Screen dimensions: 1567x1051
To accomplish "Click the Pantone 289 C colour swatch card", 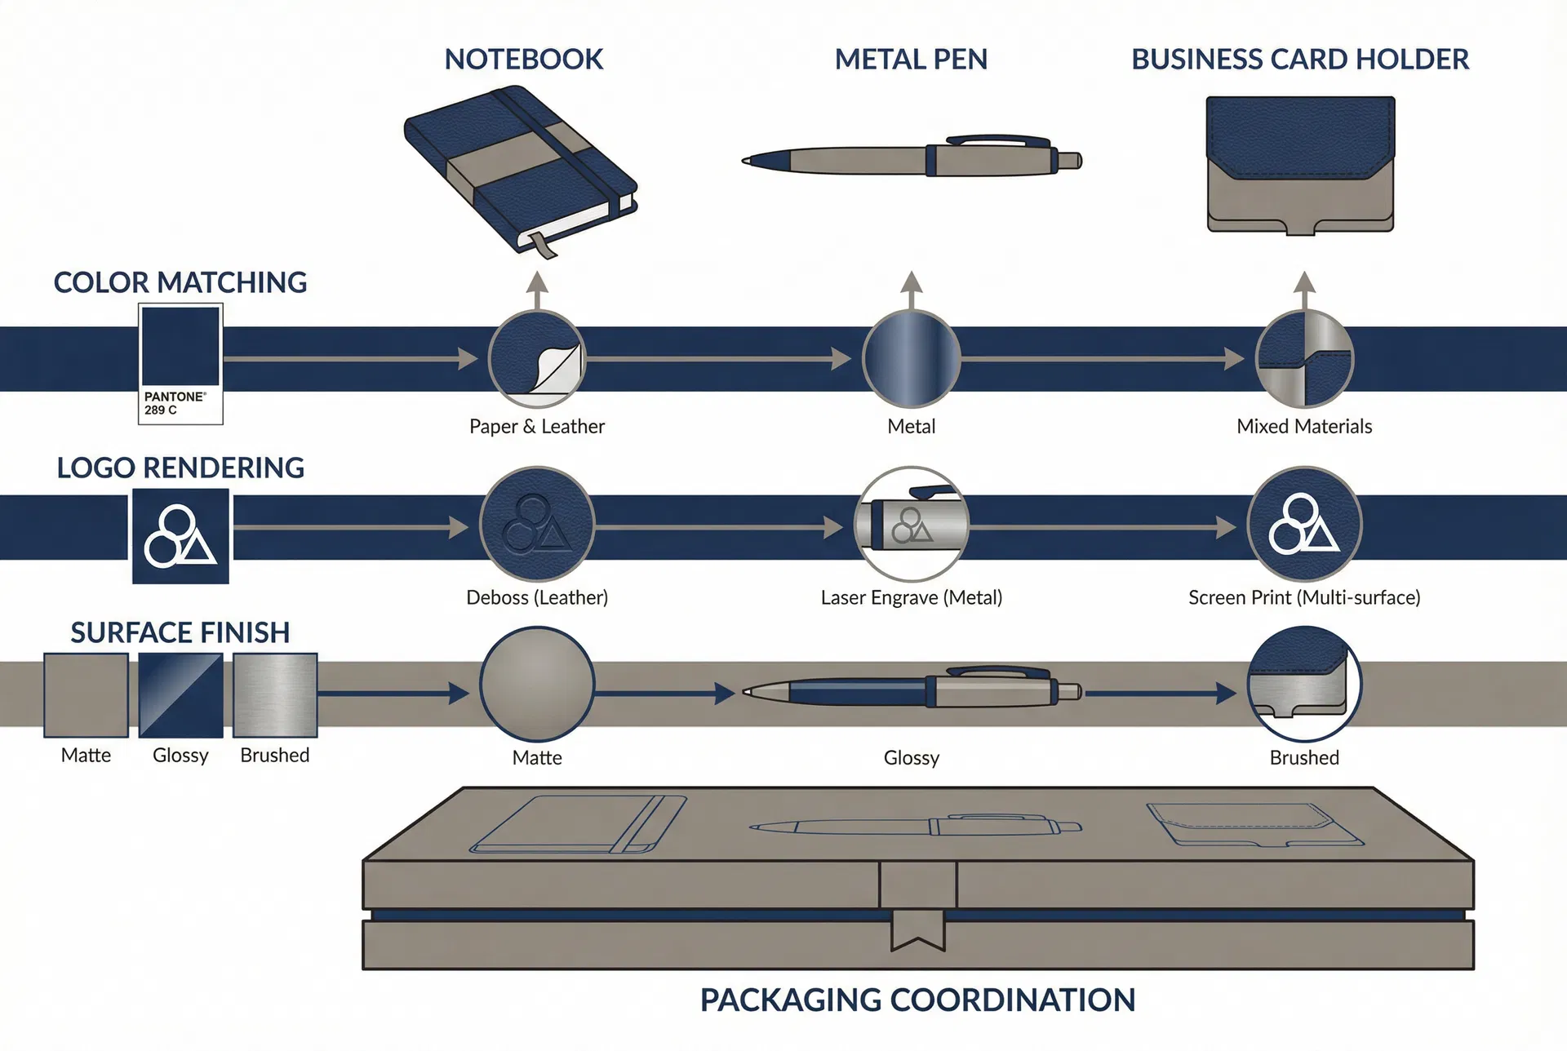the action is [x=180, y=364].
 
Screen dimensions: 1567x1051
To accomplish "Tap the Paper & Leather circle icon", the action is [x=537, y=359].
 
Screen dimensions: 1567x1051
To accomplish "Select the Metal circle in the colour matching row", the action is [x=912, y=359].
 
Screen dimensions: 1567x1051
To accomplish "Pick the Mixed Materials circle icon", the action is [x=1304, y=359].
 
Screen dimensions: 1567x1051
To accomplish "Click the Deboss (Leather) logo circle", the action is [x=537, y=524].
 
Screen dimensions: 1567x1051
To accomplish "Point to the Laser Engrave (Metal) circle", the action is [x=912, y=524].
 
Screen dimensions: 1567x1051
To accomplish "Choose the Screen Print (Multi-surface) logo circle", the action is [x=1304, y=524].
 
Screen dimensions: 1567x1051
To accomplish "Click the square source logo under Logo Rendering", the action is [x=180, y=536].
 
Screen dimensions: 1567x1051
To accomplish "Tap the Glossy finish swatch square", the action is [x=180, y=695].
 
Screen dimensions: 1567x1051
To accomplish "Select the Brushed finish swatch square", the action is [x=275, y=695].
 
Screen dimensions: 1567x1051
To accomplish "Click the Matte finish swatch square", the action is [x=86, y=695].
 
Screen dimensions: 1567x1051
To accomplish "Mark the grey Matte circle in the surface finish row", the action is [x=537, y=684].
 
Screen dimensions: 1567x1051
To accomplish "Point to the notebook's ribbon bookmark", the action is [x=542, y=245].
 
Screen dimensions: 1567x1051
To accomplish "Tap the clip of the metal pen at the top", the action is [x=998, y=140].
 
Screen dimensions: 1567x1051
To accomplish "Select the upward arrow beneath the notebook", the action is [x=537, y=290].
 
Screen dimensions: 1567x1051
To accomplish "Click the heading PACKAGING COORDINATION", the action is [x=918, y=1000].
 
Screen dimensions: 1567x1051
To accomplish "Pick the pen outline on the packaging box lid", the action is [x=916, y=826].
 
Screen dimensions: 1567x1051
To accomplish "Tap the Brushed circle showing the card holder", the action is [x=1304, y=684].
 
